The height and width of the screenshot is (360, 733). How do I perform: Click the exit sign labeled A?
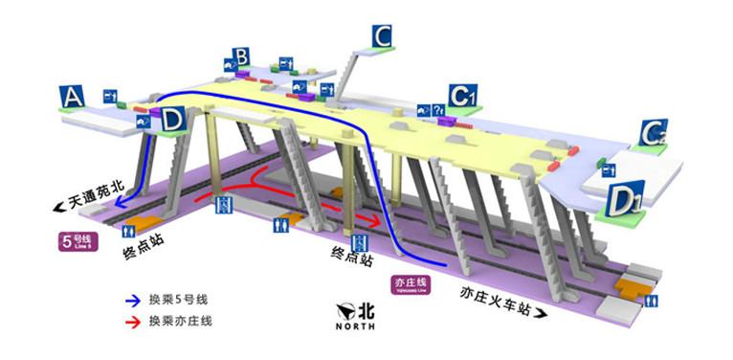72,97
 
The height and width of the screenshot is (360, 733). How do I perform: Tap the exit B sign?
241,58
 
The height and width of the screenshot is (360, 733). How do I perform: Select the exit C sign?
383,37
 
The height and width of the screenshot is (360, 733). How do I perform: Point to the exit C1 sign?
463,95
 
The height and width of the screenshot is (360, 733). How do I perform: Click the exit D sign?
173,120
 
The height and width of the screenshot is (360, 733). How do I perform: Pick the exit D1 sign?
627,200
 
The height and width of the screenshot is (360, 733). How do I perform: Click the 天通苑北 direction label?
89,204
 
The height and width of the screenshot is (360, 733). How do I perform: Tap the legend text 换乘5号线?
180,299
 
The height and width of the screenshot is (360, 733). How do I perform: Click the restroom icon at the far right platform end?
650,300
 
